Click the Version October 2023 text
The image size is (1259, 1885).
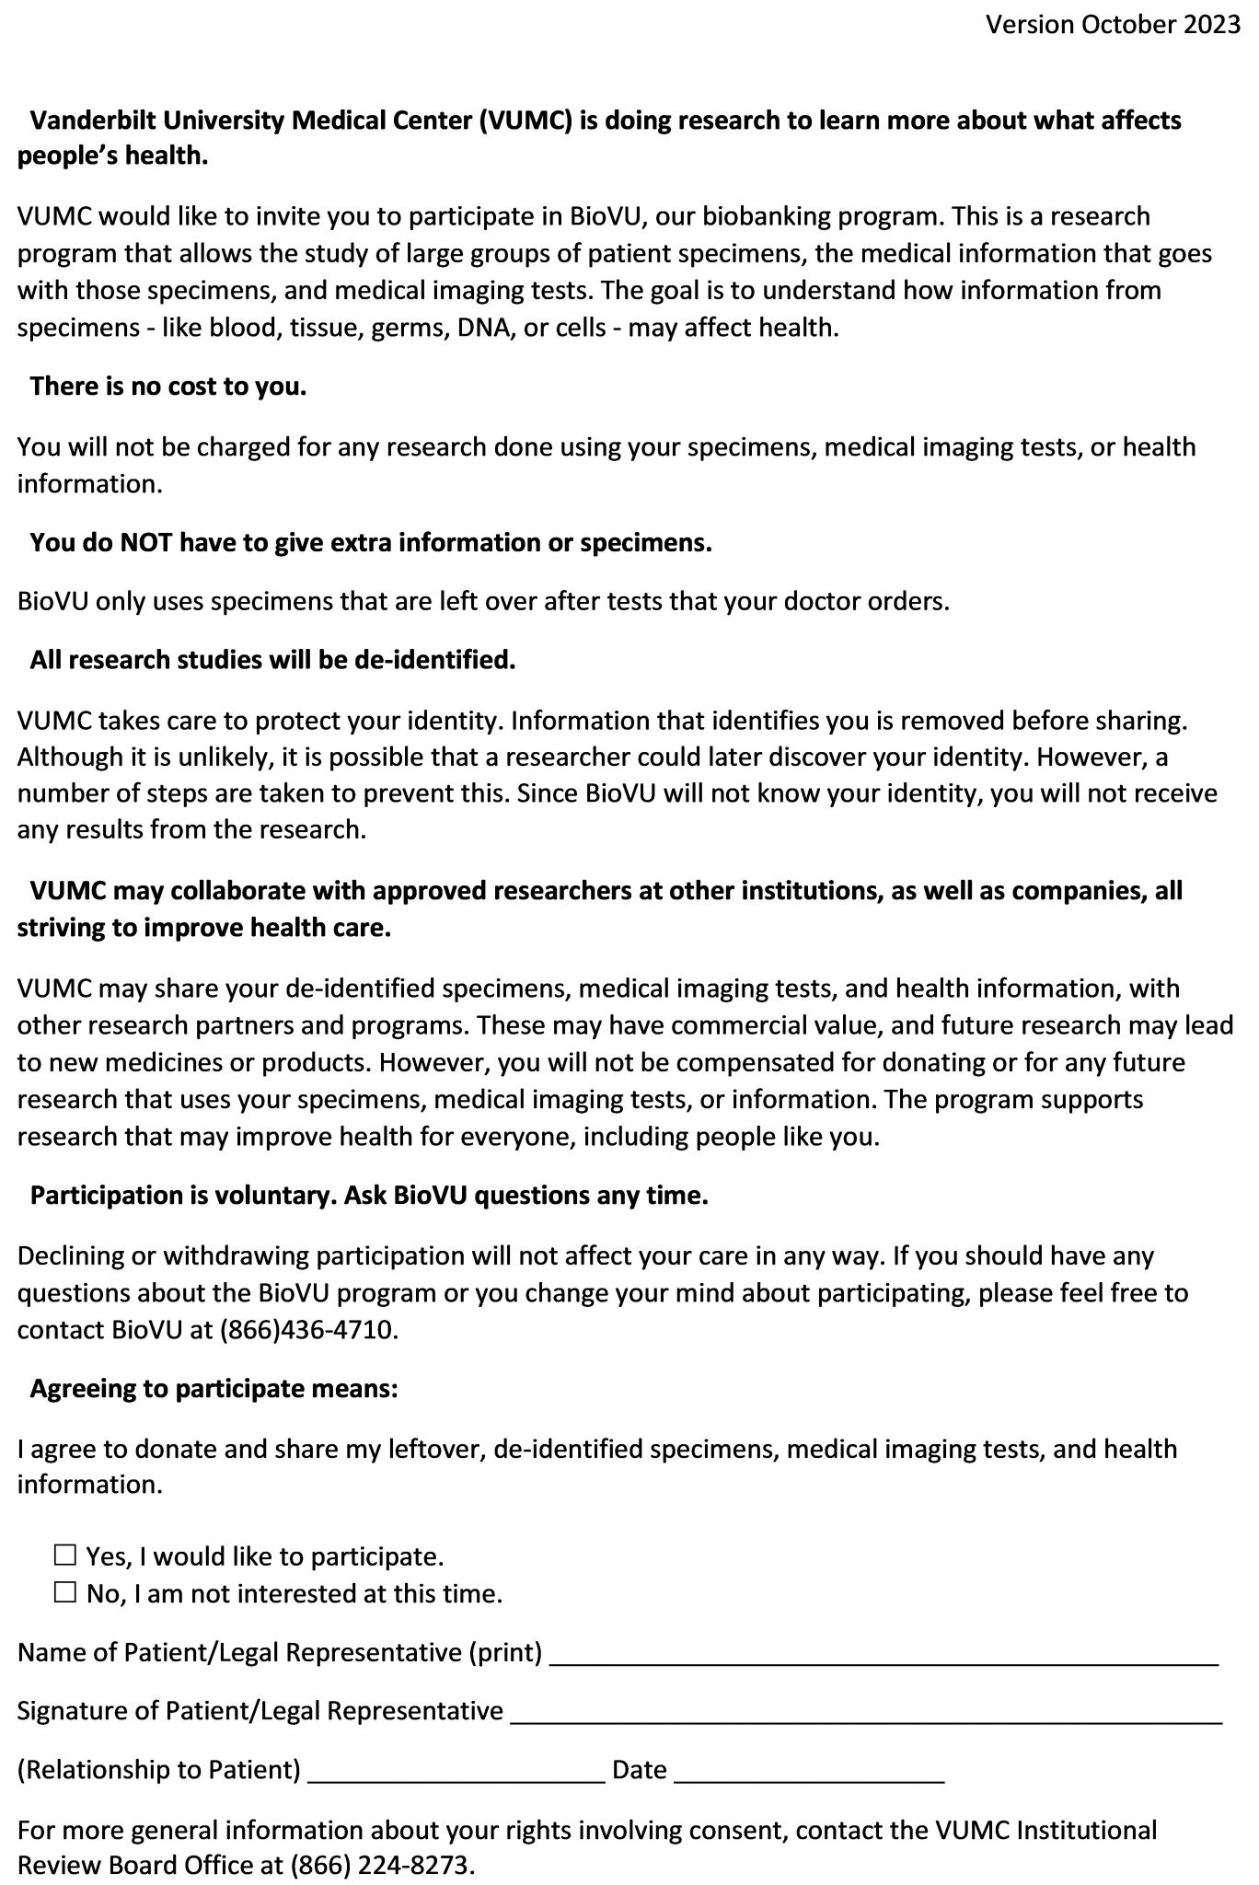1113,25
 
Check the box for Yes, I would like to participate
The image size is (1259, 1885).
64,1555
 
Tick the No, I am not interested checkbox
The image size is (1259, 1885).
64,1592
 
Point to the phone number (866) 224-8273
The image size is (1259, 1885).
381,1866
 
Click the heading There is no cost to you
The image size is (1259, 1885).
168,387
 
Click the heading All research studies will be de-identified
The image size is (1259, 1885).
272,660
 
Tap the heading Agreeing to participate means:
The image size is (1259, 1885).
214,1388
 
